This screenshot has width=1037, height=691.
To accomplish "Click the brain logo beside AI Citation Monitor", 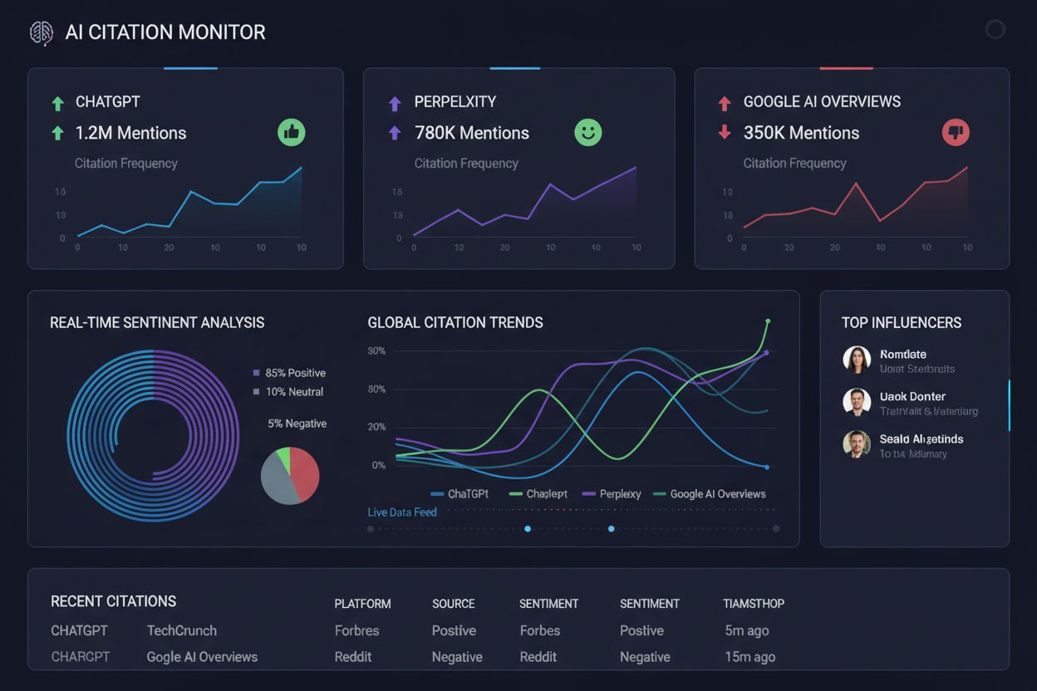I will pos(41,32).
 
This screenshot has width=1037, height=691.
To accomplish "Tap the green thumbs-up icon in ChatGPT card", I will pos(292,132).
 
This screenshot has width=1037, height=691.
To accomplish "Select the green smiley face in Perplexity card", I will pos(587,132).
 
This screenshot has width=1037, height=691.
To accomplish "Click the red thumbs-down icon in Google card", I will pos(956,132).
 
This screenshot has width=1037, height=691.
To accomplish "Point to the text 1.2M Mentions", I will pos(130,133).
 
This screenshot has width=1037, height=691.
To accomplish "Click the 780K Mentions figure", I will pos(471,133).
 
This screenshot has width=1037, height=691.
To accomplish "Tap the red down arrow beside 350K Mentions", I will pos(725,132).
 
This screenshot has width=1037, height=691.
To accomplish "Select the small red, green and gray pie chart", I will pos(290,475).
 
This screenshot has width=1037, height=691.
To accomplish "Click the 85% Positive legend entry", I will pos(289,373).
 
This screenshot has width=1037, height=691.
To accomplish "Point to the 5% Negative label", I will pos(297,424).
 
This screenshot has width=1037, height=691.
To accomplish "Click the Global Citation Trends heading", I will pos(455,322).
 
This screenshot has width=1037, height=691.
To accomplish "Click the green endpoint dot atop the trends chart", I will pos(767,321).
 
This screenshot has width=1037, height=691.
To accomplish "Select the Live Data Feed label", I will pos(402,512).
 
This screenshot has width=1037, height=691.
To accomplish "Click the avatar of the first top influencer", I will pos(857,360).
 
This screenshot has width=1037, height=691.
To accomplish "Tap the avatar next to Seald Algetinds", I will pos(857,444).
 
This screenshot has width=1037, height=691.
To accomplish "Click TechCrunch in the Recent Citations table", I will pos(181,630).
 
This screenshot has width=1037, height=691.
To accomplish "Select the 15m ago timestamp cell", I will pos(749,657).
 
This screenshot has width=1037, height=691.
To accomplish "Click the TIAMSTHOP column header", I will pos(754,604).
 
